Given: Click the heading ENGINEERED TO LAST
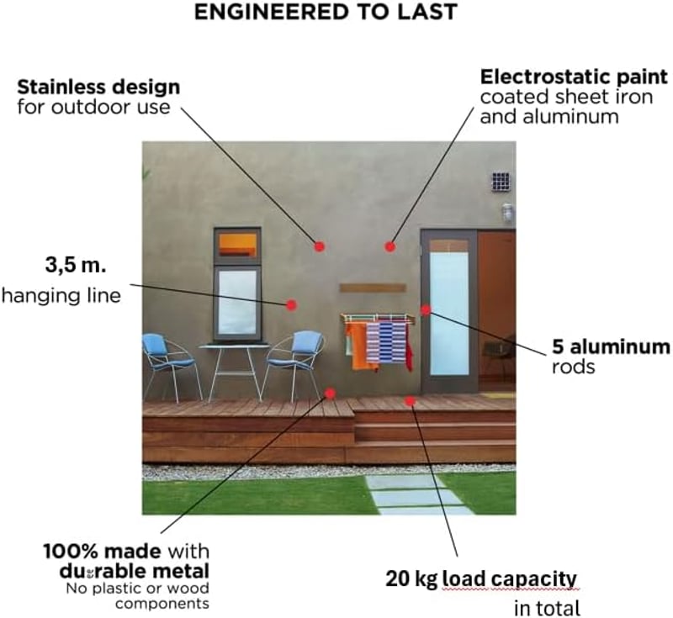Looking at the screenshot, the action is tap(326, 12).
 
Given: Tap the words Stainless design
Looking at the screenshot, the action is tap(98, 87).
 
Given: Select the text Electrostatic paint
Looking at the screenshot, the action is tap(574, 77).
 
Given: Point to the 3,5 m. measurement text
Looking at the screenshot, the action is tap(76, 265).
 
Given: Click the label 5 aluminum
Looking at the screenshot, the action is tap(611, 346).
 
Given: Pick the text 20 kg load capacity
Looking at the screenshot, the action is tap(481, 578).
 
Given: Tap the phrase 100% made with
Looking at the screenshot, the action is tap(126, 551).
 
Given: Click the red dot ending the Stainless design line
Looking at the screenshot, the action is tap(319, 246).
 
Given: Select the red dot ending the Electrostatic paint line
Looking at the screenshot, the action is tap(389, 246).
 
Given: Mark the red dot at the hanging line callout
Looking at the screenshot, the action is tap(291, 305).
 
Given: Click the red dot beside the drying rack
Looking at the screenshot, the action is tap(426, 310).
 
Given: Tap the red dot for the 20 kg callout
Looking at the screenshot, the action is tap(410, 401).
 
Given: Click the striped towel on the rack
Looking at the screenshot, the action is tap(386, 341).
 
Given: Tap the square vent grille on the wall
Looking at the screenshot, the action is tap(501, 182).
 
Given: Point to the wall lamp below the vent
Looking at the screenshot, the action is tap(508, 212).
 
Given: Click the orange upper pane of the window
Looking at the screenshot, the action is tap(237, 245).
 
